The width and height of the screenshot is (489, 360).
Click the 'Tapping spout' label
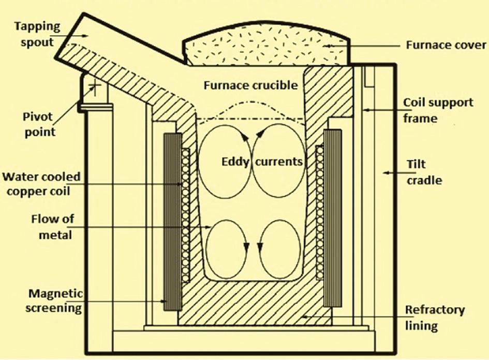pyautogui.click(x=37, y=34)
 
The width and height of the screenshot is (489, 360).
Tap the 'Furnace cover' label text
pyautogui.click(x=446, y=45)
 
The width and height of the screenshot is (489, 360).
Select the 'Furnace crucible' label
pyautogui.click(x=251, y=85)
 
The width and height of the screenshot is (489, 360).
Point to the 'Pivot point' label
pyautogui.click(x=39, y=124)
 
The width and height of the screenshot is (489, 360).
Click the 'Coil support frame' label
pyautogui.click(x=438, y=110)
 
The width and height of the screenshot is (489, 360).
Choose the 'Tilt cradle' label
pyautogui.click(x=424, y=172)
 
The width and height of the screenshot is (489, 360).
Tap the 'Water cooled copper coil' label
pyautogui.click(x=41, y=184)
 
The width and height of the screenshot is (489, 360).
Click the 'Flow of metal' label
pyautogui.click(x=53, y=227)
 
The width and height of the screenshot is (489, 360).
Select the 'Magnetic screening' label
pyautogui.click(x=54, y=300)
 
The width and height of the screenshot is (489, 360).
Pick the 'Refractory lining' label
pyautogui.click(x=435, y=318)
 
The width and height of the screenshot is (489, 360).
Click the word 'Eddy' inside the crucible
pyautogui.click(x=235, y=162)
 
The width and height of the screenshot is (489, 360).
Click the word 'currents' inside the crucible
pyautogui.click(x=279, y=162)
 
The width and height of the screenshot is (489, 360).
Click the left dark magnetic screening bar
pyautogui.click(x=172, y=222)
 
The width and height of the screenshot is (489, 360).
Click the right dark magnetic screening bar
pyautogui.click(x=332, y=218)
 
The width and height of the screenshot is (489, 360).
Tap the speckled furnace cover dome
pyautogui.click(x=265, y=44)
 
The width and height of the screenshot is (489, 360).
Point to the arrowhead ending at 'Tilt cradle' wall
pyautogui.click(x=386, y=172)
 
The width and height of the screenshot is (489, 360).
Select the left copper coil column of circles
pyautogui.click(x=185, y=215)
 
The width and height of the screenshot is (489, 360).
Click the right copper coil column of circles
pyautogui.click(x=320, y=213)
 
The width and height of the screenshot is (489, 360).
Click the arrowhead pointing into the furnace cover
pyautogui.click(x=327, y=46)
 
